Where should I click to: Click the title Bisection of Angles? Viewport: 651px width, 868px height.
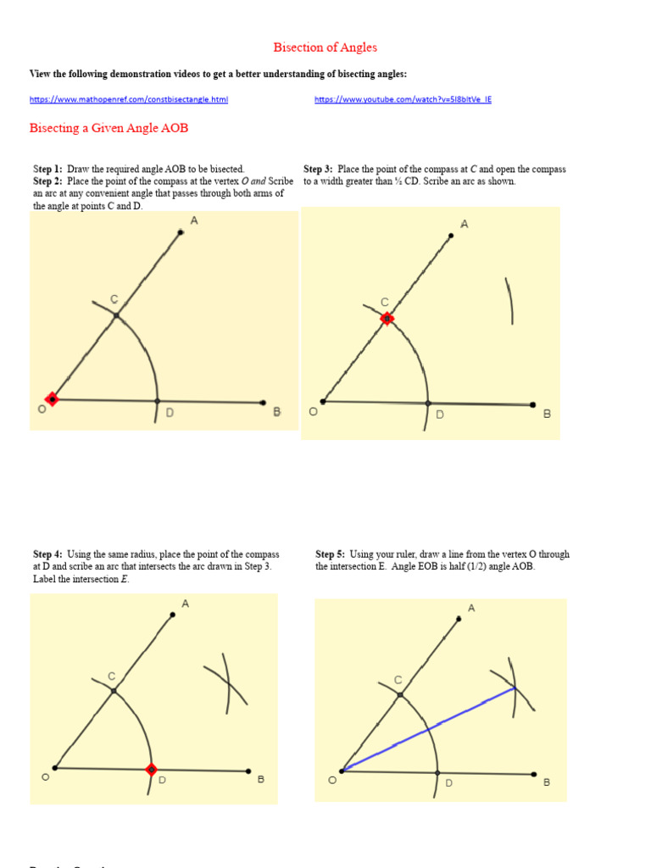pos(325,47)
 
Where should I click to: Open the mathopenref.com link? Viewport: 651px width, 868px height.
pos(129,99)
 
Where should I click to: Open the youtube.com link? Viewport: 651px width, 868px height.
pos(403,99)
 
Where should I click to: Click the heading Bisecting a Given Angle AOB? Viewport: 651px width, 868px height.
pos(108,129)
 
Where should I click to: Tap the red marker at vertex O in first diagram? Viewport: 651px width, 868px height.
pos(52,398)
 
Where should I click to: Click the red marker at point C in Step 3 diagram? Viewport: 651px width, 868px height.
pos(387,319)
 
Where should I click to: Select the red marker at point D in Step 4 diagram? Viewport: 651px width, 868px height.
pos(151,770)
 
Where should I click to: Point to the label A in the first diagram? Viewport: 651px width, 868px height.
pos(194,220)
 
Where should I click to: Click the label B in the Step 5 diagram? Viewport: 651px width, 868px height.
pos(547,782)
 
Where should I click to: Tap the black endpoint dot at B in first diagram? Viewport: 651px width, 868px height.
pos(264,403)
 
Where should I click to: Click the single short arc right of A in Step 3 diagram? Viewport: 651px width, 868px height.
pos(509,301)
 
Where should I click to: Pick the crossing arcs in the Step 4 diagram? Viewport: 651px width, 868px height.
pos(226,681)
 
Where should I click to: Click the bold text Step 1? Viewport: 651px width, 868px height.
pos(47,170)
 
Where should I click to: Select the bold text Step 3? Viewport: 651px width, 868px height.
pos(318,170)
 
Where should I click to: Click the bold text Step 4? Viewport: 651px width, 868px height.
pos(47,554)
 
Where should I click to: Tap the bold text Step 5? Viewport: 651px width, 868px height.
pos(330,554)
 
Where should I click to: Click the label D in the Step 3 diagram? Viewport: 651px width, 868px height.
pos(440,415)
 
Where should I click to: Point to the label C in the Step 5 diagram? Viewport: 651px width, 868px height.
pos(398,680)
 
